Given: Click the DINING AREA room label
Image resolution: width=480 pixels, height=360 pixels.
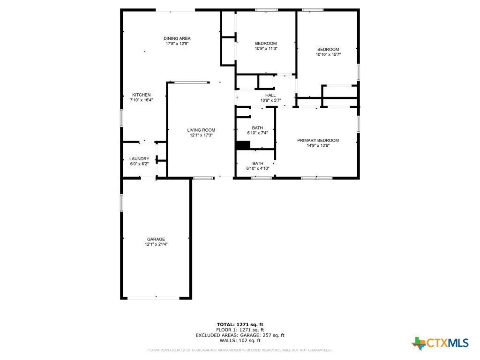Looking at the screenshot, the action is coord(177,38).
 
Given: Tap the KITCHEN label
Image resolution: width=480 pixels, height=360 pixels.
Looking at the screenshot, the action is coord(142,95).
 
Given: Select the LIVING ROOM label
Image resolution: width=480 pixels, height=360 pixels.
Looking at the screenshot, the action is coord(201,130).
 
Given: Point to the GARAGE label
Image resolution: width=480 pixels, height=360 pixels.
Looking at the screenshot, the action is coord(156,240).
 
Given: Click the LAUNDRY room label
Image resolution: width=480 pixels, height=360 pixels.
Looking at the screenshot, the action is coord(139,159).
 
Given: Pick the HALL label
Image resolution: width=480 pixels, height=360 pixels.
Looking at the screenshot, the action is coord(270,95).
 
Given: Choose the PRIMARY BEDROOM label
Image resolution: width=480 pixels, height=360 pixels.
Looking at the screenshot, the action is coord(318,141).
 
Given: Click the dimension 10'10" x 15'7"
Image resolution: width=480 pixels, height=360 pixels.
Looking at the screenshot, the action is coord(329,54).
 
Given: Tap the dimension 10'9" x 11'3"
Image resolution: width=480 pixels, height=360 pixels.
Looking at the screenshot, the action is coord(266,48).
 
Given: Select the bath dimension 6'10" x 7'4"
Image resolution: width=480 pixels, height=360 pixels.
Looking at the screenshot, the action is coord(257,133).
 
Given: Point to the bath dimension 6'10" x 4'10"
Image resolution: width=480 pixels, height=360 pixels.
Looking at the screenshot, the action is coord(258,168).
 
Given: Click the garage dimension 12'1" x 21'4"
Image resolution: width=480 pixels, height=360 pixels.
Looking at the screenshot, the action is coord(156,244).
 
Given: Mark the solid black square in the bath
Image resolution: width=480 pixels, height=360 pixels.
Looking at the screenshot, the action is coord(243,145).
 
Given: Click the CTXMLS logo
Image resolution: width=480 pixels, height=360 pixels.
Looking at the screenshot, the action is coord(440,343).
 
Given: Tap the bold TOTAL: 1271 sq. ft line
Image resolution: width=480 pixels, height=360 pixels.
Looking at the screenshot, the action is coord(240,324).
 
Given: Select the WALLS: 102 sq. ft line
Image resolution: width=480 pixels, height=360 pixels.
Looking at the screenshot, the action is coord(240,340).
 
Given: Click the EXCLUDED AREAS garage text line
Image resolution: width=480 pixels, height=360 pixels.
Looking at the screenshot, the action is coord(240,335).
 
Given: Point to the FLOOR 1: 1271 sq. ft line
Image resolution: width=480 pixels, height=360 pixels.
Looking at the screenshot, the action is coord(240,330).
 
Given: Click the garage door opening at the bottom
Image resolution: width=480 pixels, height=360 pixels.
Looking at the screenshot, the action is coord(153,298).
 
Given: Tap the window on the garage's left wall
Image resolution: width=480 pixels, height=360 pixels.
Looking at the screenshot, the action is coord(121,202).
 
